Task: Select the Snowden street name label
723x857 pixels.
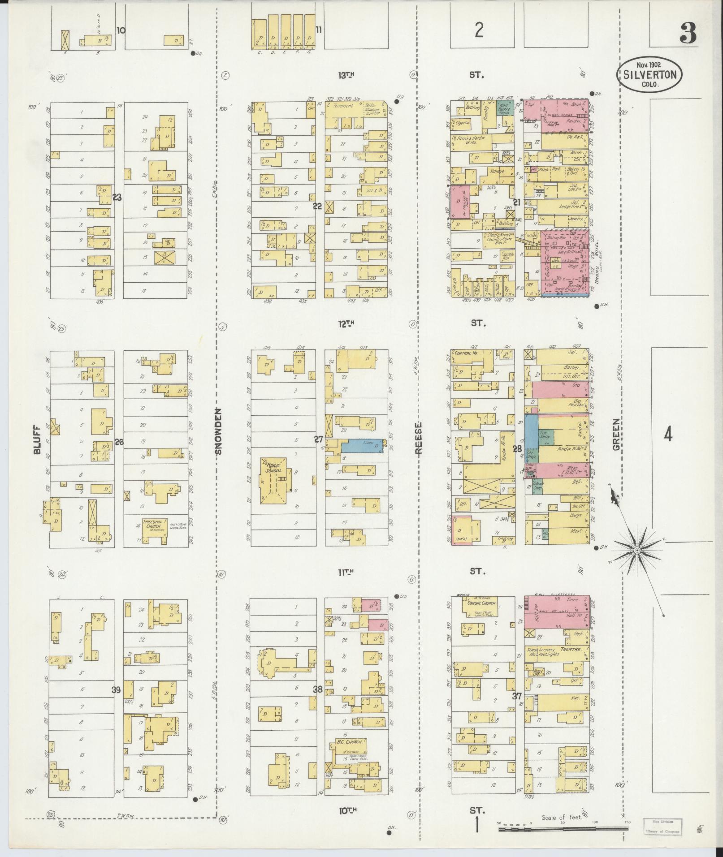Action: point(219,431)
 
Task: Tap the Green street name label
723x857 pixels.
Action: point(617,434)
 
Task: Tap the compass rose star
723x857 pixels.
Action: point(636,549)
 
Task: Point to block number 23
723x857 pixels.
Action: point(117,197)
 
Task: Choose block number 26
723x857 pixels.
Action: point(119,442)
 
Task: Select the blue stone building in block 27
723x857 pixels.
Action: point(362,446)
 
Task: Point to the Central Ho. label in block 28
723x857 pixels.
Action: point(465,353)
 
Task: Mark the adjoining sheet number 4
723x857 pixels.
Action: point(668,434)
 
